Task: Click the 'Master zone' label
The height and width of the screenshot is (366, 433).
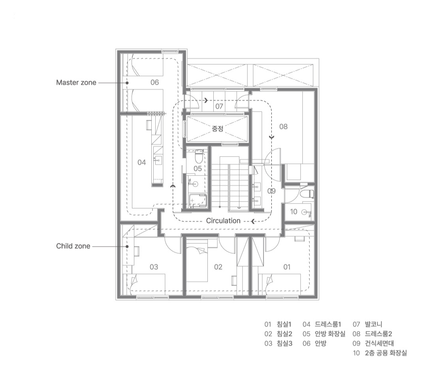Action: coord(76,82)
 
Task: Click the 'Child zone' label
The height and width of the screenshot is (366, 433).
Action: coord(73,246)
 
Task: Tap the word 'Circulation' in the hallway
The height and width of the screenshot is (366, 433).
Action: coord(223,220)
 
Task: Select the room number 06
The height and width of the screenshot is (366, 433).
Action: coord(154,82)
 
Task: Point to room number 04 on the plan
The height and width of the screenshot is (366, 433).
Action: coord(142,162)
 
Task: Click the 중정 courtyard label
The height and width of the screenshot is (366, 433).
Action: coord(218,129)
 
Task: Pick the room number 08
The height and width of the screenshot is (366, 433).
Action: coord(283,127)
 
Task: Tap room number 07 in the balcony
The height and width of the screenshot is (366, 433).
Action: coord(219,106)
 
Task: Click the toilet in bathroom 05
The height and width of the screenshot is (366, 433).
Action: coord(199,156)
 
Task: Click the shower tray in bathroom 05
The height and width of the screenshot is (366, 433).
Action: coord(198,200)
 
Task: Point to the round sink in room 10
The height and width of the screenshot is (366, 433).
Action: coord(305,212)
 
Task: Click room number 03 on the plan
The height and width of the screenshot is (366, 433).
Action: coord(154,267)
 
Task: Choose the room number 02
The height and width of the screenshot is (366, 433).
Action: coord(218,267)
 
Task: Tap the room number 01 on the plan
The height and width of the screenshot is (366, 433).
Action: coord(287,267)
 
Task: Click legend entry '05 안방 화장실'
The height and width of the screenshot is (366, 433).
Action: coord(324,334)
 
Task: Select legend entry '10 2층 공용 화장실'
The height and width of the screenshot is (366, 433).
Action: coord(380,353)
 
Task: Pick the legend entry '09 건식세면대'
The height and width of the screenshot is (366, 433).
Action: coord(373,343)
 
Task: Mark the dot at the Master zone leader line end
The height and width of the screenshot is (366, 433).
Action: coord(127,82)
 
